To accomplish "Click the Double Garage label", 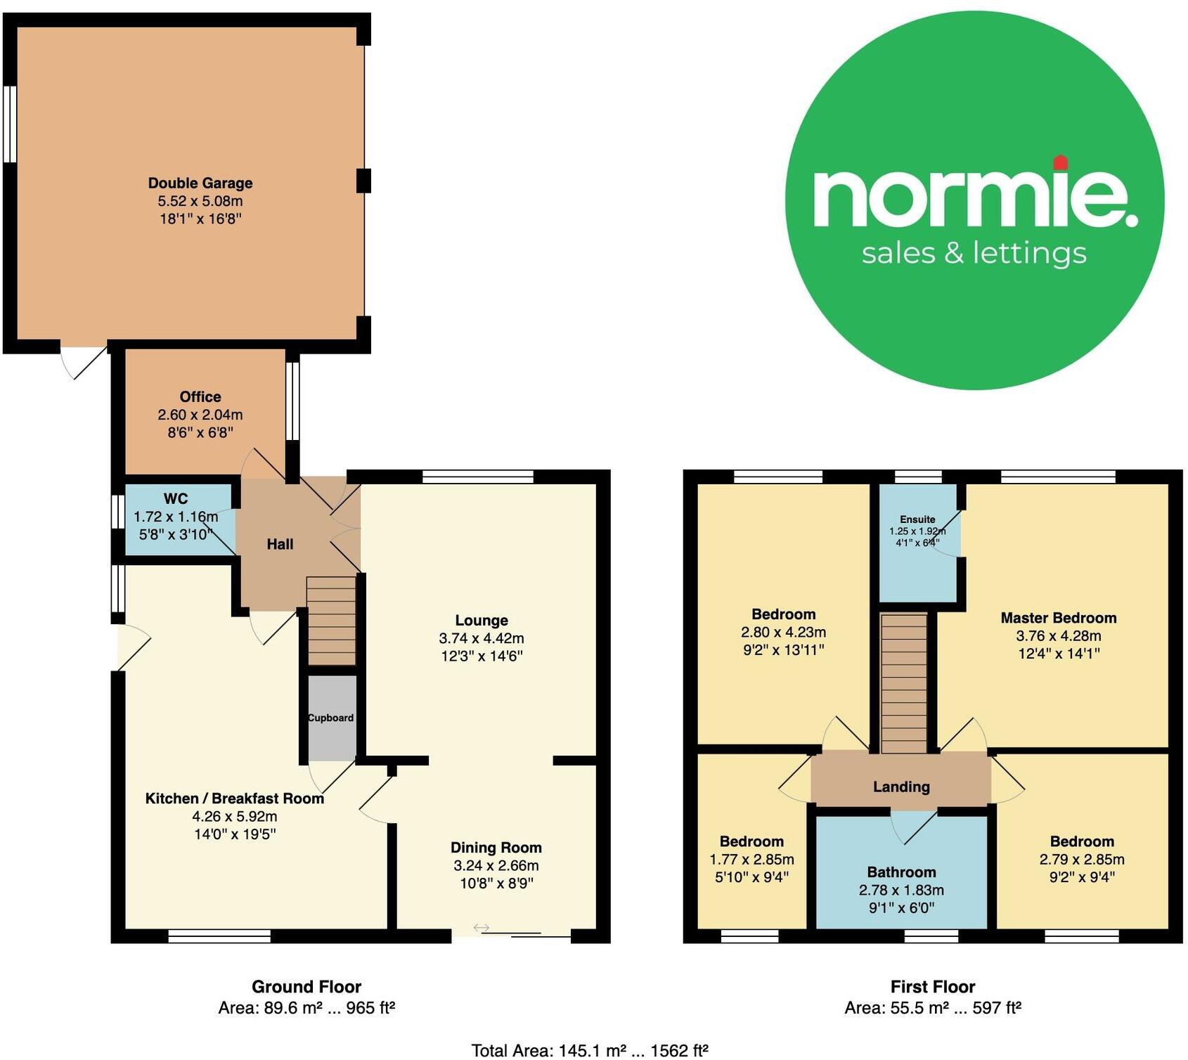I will click(x=200, y=183).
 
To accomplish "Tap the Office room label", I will click(x=200, y=397).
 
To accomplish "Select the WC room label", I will click(x=176, y=499).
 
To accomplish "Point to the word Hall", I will click(x=280, y=544).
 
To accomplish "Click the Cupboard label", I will click(x=330, y=718).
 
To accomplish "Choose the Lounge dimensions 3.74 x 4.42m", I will click(x=482, y=638).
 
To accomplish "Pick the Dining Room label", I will click(x=496, y=848).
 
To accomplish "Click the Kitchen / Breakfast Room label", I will click(x=235, y=799).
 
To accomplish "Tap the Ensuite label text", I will click(x=917, y=519).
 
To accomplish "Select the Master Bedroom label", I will click(x=1059, y=618).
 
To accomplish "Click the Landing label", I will click(x=901, y=787).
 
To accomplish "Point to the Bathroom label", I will click(x=901, y=872).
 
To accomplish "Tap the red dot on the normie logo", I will click(x=1061, y=162).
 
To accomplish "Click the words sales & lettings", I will click(x=974, y=253).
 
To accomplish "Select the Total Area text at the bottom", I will click(x=590, y=1050).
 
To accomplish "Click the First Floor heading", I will click(x=933, y=987).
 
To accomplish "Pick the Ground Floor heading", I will click(x=306, y=987).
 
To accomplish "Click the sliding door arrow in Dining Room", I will click(x=482, y=928).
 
